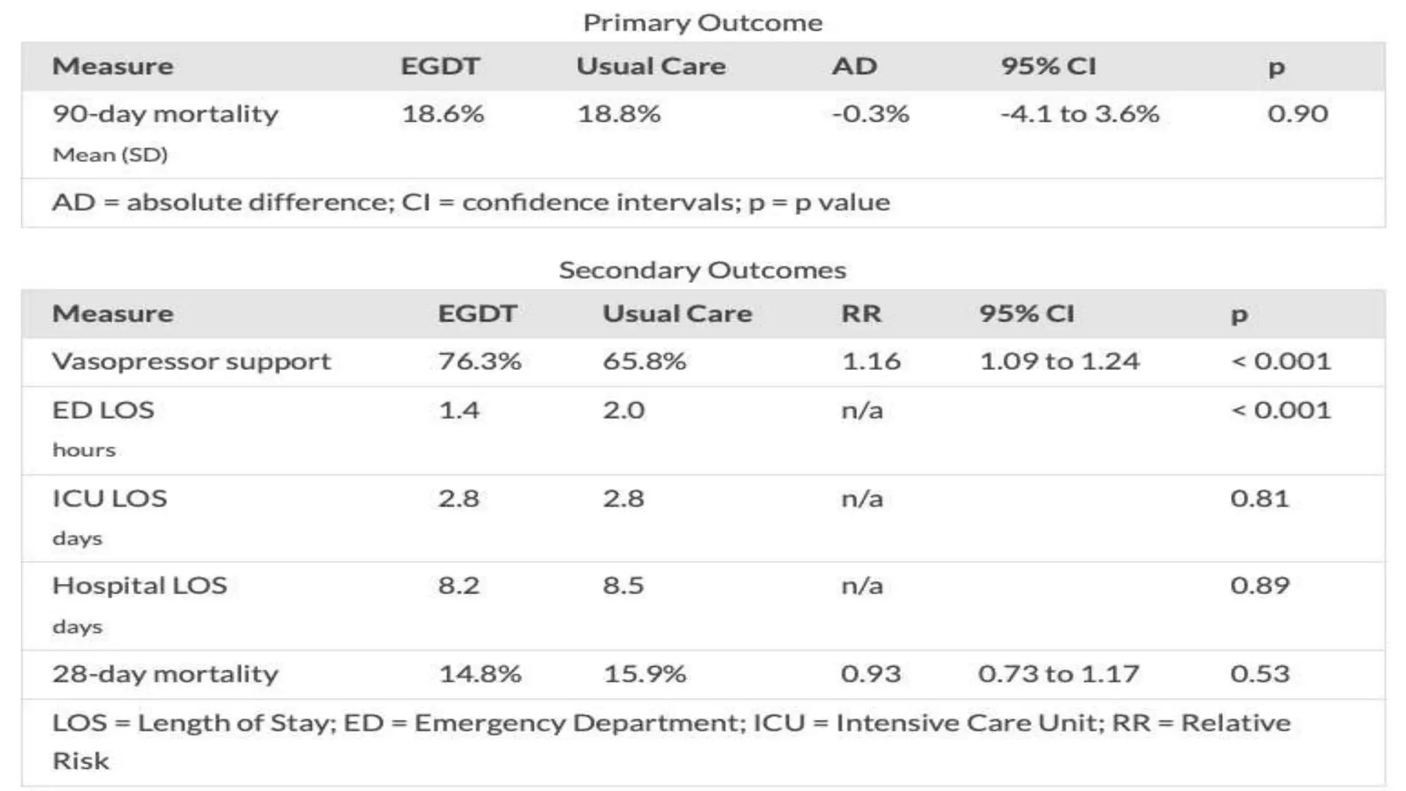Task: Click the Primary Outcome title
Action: coord(702,23)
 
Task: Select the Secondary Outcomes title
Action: coord(702,270)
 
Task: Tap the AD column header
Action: coord(854,66)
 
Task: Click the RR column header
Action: coord(861,314)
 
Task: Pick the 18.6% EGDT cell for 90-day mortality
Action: coord(443,113)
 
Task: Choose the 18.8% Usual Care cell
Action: coord(619,113)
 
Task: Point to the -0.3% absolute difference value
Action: coord(871,113)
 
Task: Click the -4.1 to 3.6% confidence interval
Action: coord(1079,113)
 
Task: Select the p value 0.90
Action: coord(1298,113)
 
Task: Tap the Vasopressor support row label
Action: coord(192,361)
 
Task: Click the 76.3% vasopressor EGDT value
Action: coord(480,361)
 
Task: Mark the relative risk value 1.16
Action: coord(871,361)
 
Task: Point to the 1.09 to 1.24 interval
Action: coord(1059,361)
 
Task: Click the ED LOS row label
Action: coord(103,410)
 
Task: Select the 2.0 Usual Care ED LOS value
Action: coord(623,410)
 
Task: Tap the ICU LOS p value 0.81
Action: coord(1259,498)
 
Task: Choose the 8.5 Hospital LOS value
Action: coord(623,586)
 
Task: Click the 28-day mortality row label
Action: coord(165,674)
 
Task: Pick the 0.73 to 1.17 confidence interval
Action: coord(1059,674)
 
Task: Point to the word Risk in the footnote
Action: coord(81,761)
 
